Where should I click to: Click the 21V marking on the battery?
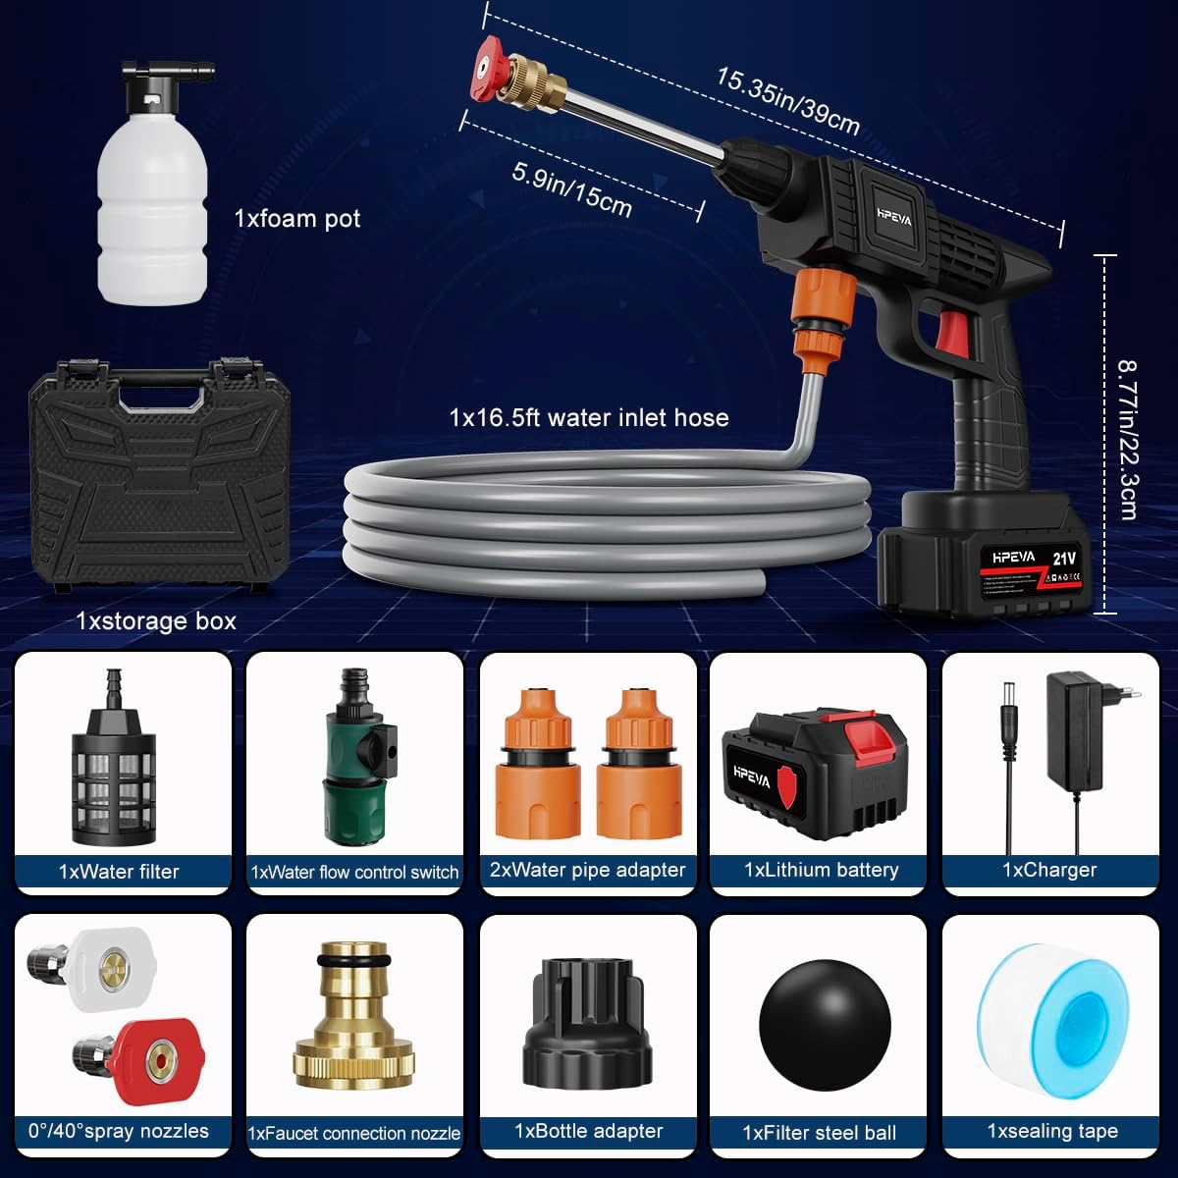coord(1064,559)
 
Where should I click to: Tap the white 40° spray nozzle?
coord(102,972)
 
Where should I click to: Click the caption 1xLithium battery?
coord(821,870)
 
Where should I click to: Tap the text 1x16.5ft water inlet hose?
coord(589,418)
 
